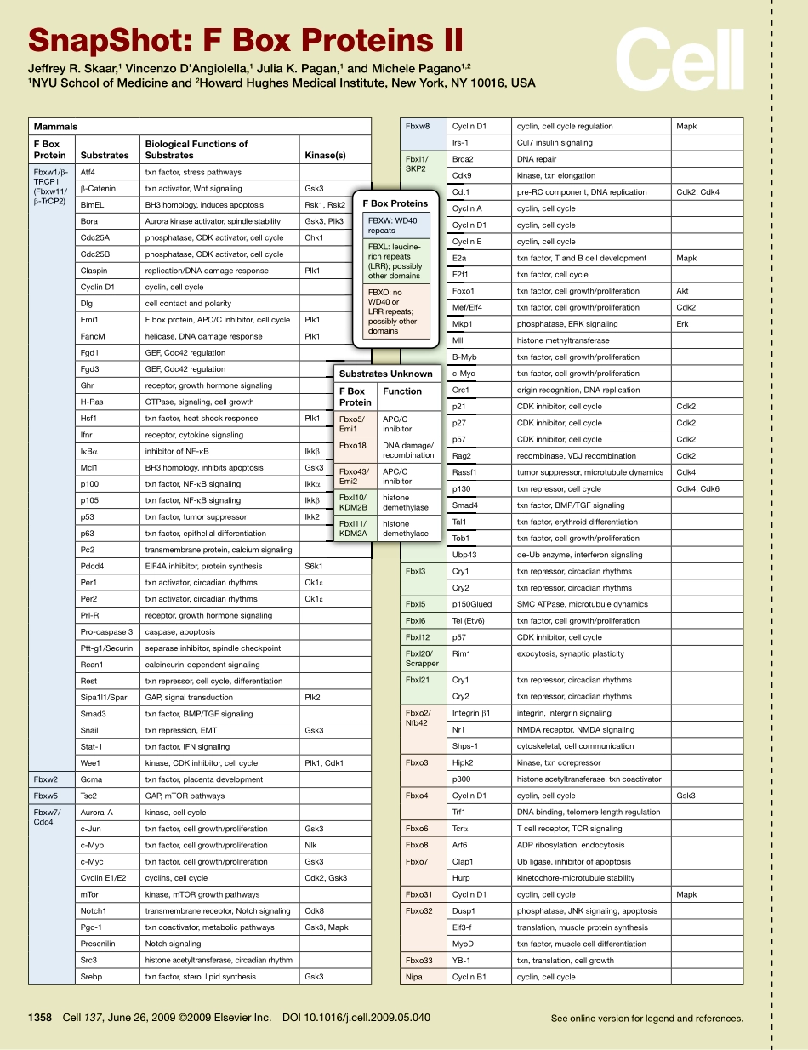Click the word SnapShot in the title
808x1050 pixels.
[99, 40]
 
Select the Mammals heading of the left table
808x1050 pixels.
[55, 127]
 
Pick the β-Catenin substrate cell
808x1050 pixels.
[98, 188]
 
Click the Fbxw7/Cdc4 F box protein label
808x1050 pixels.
[46, 818]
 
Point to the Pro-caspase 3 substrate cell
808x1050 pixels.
[106, 632]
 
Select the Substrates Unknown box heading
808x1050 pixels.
[385, 374]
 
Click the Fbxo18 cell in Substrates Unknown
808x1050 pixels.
[352, 445]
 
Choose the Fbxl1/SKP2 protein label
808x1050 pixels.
[417, 163]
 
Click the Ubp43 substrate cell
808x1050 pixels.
[464, 555]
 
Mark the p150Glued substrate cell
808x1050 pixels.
[472, 604]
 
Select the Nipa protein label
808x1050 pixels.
[414, 977]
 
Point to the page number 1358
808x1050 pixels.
[41, 1017]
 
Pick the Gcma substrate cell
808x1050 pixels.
[91, 779]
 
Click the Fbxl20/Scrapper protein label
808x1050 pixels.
[422, 659]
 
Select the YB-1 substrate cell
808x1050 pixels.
[462, 961]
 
